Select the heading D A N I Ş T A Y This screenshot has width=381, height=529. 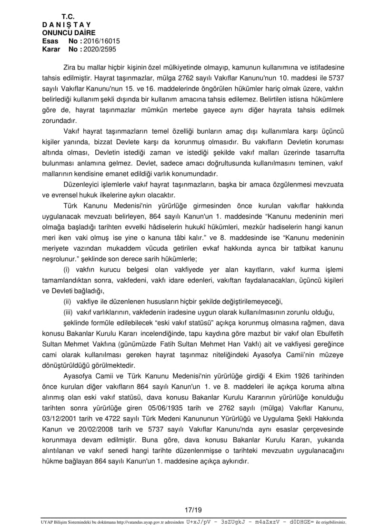click(x=67, y=25)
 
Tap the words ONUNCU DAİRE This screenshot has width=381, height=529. click(x=69, y=33)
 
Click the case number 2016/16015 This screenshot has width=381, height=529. click(x=100, y=41)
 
